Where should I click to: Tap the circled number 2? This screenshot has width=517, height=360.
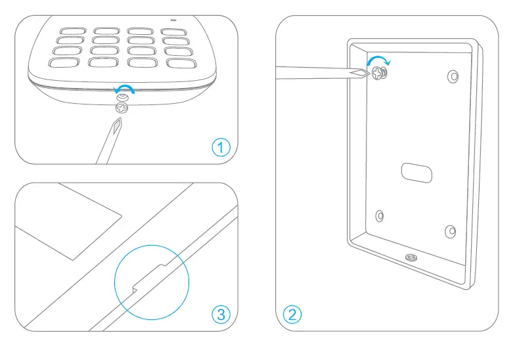(292, 314)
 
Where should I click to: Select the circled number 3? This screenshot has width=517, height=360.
(221, 314)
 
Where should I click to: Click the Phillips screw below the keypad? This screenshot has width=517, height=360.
(122, 108)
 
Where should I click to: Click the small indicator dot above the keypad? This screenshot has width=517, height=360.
(192, 18)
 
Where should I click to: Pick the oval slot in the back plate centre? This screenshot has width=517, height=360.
(416, 172)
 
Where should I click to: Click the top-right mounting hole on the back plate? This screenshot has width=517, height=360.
(453, 76)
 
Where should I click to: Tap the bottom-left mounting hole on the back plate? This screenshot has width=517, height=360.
(379, 215)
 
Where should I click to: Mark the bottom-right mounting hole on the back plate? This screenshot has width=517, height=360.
(450, 231)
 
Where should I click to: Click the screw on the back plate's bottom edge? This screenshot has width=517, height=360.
(411, 257)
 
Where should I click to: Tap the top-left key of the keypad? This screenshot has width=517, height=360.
(68, 31)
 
